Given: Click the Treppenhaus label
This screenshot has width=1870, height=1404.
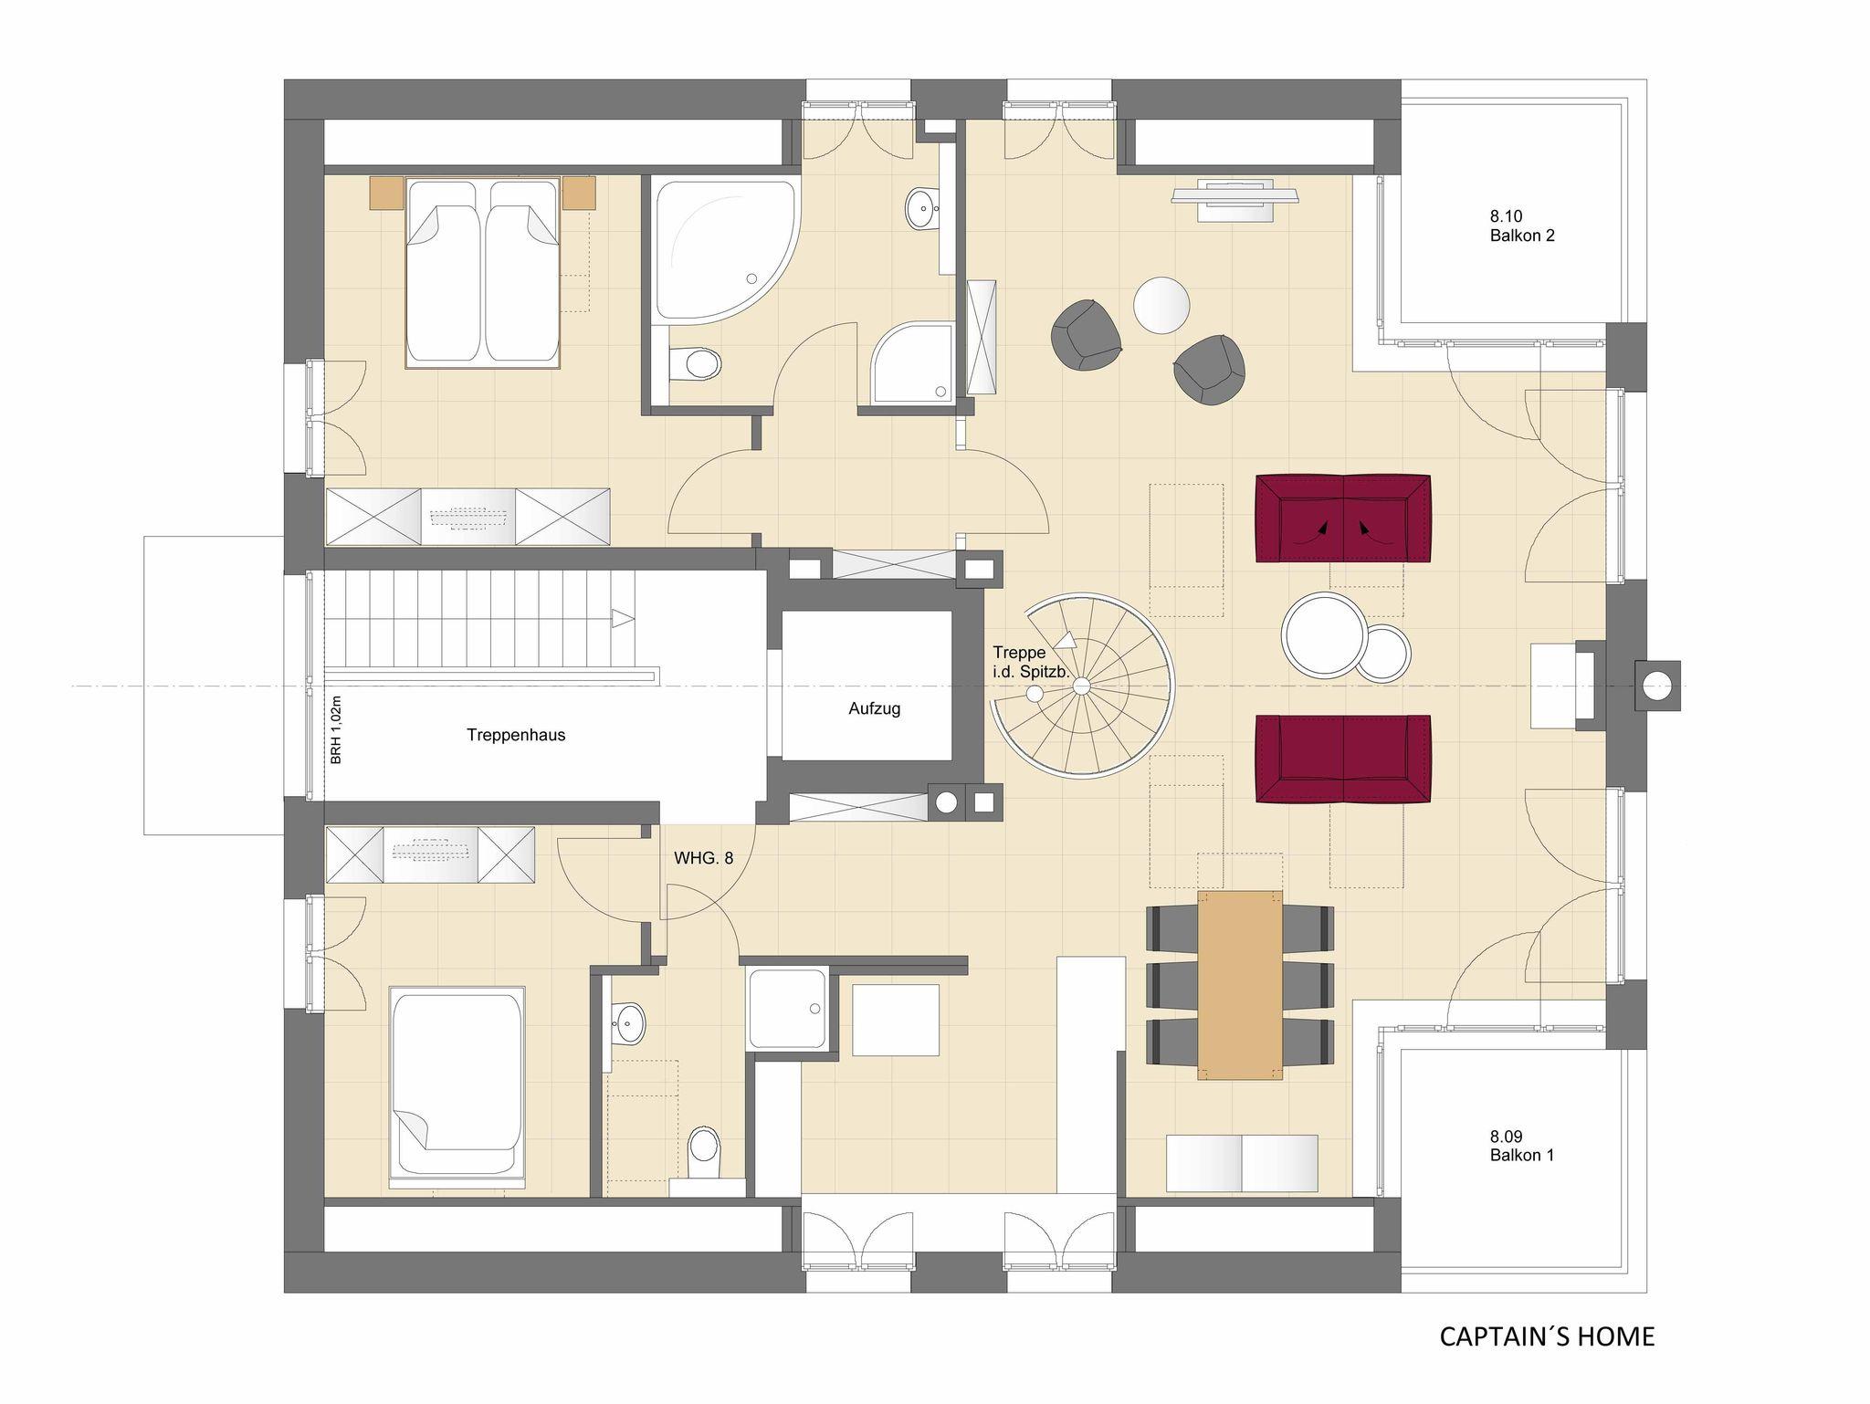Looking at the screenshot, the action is [x=516, y=735].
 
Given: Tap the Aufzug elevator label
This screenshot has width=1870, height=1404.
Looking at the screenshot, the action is [x=874, y=708].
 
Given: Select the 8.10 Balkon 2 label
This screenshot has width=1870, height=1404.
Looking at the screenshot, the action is [x=1522, y=225].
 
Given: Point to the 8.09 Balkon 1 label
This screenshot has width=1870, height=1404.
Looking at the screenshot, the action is [x=1522, y=1146].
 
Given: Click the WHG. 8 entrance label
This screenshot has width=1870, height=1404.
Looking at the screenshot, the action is [x=704, y=858].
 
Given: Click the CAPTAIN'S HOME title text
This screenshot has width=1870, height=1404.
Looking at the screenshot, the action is [x=1547, y=1336].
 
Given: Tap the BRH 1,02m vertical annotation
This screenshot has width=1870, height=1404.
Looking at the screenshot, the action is [x=336, y=730].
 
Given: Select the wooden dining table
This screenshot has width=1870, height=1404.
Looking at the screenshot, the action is [x=1239, y=985].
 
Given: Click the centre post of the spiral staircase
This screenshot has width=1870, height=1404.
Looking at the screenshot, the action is [x=1081, y=685].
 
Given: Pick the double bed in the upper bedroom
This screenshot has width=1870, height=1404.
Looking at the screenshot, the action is [x=482, y=272].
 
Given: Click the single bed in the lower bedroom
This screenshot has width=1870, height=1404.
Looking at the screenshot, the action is [x=457, y=1085].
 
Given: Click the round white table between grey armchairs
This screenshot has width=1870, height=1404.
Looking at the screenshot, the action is [x=1161, y=306].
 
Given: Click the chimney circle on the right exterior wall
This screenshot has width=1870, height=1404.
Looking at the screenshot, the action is [x=1654, y=685].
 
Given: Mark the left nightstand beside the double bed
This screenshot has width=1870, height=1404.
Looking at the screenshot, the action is [x=386, y=194].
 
